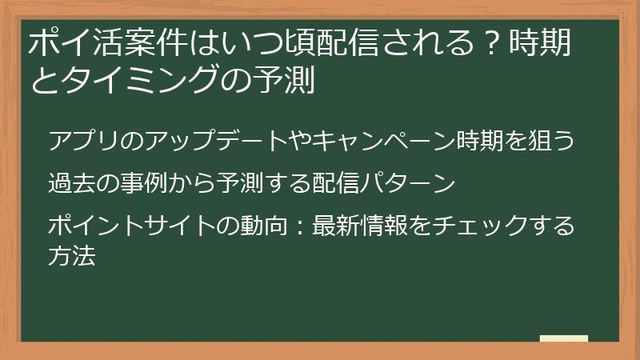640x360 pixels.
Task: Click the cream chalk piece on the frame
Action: click(563, 338)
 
